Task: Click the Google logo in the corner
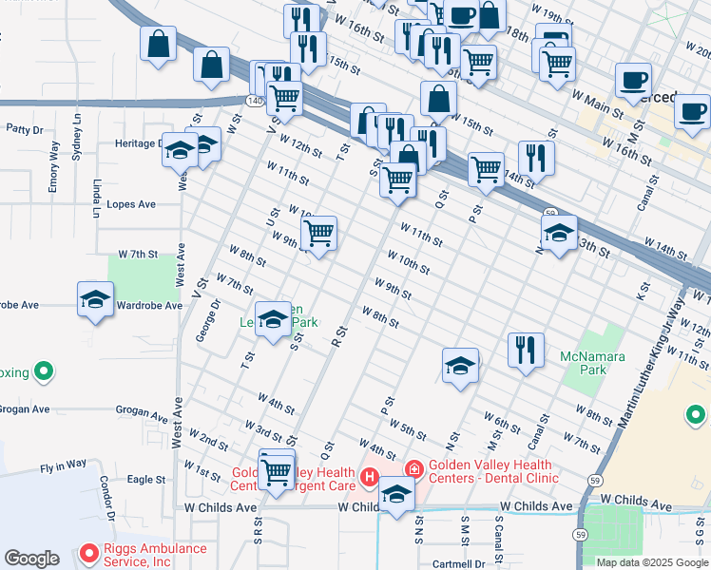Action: (x=32, y=559)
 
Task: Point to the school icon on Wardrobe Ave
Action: (x=95, y=300)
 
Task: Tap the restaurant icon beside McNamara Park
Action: (x=525, y=351)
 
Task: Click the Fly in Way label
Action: (x=63, y=465)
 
